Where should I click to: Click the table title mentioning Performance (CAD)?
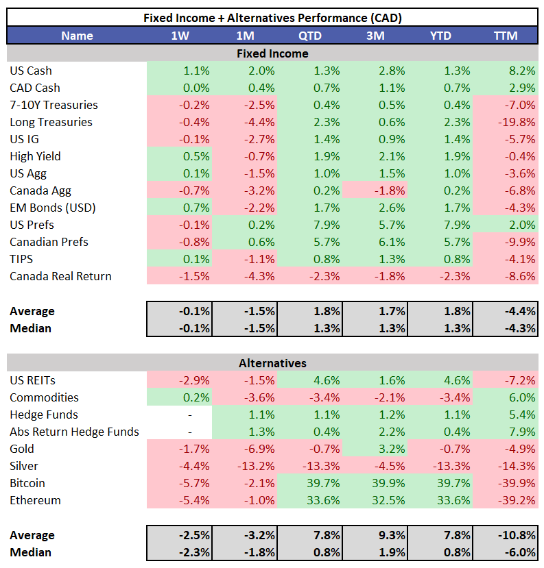pos(272,18)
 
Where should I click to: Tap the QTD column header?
pos(309,36)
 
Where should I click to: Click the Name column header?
pos(77,36)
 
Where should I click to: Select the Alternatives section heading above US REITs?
pos(272,363)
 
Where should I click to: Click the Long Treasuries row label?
pos(51,122)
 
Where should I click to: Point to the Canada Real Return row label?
pos(60,276)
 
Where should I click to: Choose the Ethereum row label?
pos(35,500)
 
